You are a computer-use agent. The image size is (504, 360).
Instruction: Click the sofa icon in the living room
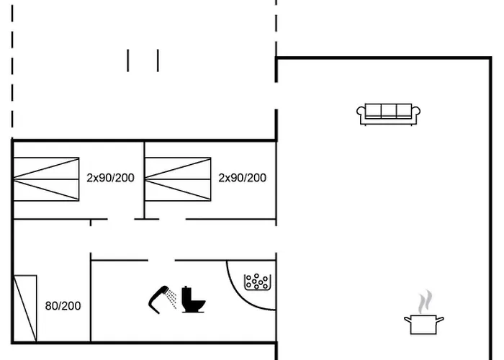[389, 114]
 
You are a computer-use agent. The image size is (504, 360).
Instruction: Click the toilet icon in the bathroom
[192, 299]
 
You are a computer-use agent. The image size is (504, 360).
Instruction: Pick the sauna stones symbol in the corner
[257, 282]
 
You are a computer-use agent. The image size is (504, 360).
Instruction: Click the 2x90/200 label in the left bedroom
[110, 178]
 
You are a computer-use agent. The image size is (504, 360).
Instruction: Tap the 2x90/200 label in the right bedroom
[243, 178]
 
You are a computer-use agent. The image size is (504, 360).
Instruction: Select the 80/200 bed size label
[63, 306]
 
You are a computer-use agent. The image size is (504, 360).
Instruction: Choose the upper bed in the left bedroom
[46, 168]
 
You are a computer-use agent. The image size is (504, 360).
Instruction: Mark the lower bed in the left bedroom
[46, 190]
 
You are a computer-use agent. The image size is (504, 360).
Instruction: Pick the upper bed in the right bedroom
[178, 168]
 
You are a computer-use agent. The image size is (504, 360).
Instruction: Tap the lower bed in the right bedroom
[178, 190]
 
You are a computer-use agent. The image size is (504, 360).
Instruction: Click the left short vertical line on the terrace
[128, 60]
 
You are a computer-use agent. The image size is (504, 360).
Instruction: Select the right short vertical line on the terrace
[158, 60]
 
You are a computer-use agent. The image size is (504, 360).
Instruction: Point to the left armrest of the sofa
[361, 113]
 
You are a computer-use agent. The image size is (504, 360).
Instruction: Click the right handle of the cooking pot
[441, 319]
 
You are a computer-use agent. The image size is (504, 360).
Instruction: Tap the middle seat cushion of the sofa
[389, 111]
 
